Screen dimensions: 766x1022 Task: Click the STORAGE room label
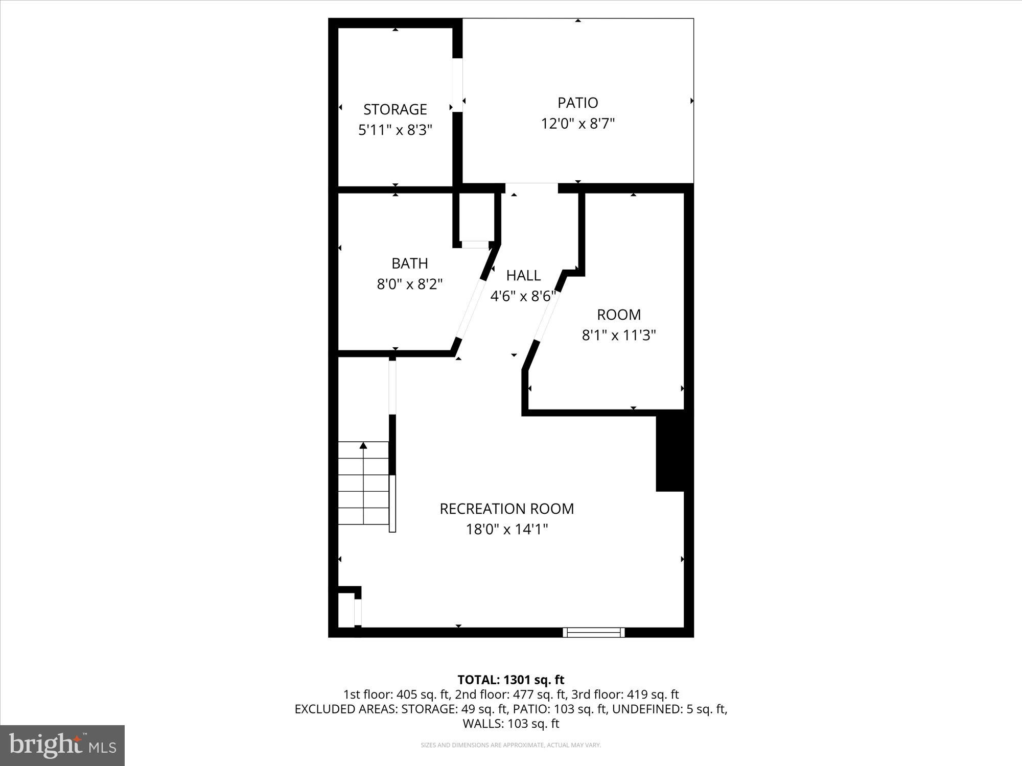395,109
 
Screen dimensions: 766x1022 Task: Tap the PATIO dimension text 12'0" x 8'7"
577,124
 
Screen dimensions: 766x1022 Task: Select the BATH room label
409,263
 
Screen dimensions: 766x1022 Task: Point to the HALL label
523,276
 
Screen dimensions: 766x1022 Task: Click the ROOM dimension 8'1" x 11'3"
618,336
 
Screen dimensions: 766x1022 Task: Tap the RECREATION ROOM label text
506,509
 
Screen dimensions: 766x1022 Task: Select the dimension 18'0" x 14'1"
506,530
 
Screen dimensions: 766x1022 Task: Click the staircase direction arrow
363,446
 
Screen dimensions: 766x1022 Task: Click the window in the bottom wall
594,632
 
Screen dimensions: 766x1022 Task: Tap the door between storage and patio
457,85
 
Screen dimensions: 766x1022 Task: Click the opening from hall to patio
531,188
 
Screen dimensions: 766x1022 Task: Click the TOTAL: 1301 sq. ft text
510,680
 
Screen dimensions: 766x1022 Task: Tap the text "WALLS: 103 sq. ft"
510,724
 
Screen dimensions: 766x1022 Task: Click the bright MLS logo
62,745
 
